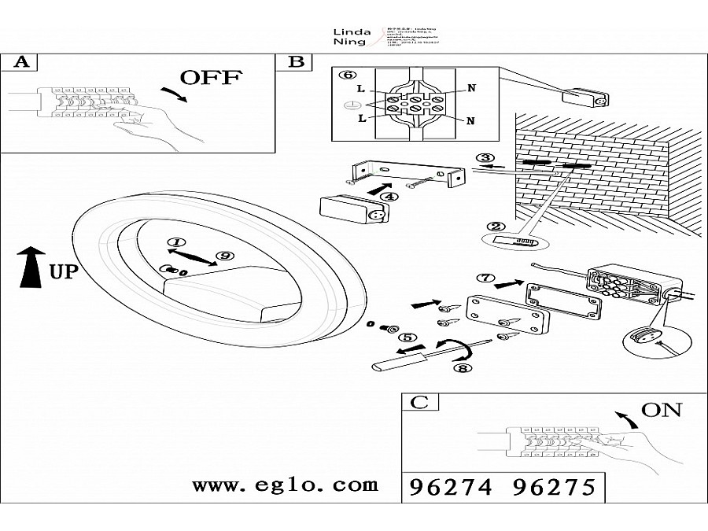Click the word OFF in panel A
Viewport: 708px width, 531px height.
coord(212,78)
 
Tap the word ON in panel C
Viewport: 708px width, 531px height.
coord(662,410)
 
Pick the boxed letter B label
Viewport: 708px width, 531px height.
coord(296,61)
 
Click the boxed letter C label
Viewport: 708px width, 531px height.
coord(420,403)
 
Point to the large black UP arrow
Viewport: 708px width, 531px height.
coord(31,267)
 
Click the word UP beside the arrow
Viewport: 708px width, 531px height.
coord(65,271)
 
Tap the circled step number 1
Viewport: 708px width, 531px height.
coord(176,242)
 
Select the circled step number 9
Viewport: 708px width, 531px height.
coord(225,256)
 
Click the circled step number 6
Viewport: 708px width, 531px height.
coord(343,75)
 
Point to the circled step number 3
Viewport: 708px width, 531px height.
coord(485,158)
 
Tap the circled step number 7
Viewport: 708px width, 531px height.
coord(485,278)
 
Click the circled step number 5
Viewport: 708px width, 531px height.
coord(407,337)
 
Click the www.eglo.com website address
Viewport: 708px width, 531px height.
coord(285,485)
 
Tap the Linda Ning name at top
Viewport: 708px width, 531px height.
coord(347,35)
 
